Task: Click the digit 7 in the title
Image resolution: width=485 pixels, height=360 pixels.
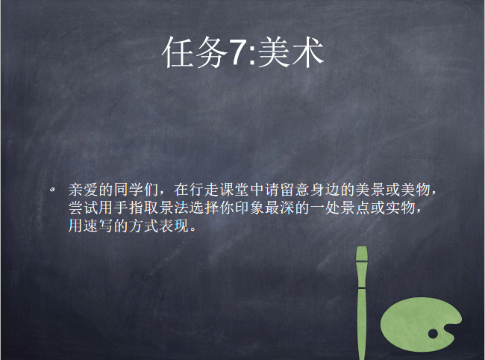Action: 237,53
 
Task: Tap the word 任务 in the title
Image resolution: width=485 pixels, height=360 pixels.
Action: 195,52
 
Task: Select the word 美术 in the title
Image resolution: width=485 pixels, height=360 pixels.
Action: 291,52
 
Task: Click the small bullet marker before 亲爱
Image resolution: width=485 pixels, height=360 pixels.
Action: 52,189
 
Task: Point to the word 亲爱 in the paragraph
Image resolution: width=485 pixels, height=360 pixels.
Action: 83,190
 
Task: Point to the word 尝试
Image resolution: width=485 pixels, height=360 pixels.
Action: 83,208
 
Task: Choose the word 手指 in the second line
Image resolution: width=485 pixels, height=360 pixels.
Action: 128,208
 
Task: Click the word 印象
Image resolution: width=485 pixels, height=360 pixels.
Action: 250,208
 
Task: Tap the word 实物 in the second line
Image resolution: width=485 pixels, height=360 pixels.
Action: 401,208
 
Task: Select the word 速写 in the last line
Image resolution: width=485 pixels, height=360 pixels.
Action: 98,226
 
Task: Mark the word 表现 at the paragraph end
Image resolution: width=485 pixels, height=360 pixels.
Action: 174,226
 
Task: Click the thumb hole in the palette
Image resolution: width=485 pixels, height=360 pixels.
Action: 433,334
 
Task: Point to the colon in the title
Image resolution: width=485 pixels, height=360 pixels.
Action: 251,56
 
